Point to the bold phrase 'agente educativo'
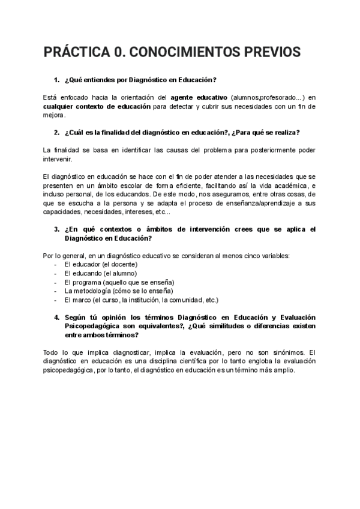tap(199, 96)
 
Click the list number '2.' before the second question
tap(56, 132)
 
